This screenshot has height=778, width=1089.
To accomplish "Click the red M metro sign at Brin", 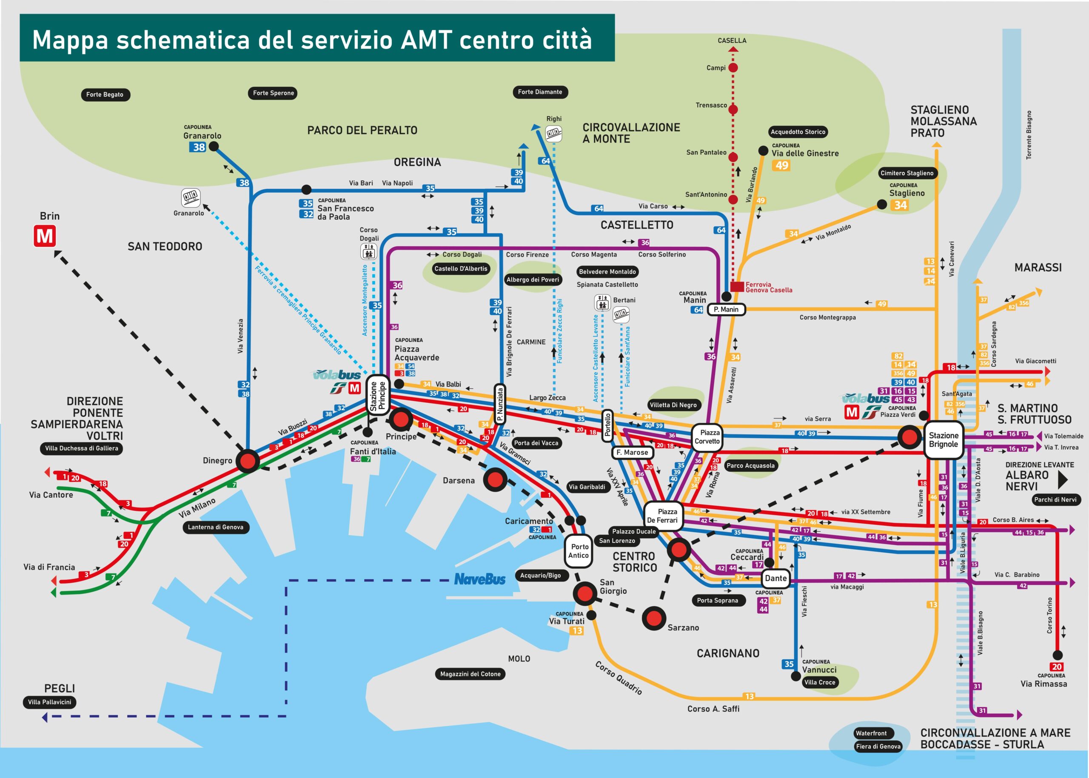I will point(45,237).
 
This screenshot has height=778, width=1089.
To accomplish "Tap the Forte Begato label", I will point(105,94).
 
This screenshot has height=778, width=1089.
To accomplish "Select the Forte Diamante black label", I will point(540,92).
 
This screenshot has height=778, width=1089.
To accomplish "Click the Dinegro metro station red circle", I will point(248,461).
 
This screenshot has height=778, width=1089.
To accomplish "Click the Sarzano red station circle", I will point(654,618).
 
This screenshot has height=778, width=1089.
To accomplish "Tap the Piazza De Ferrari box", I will point(663,516).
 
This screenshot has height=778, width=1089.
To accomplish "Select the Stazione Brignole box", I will point(944,440).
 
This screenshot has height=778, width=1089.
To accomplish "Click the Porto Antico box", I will point(579,551).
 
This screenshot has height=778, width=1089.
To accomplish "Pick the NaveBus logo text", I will point(479,580).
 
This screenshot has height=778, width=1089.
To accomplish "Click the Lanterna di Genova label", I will point(216,527).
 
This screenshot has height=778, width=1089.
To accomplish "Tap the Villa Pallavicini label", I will point(49,702).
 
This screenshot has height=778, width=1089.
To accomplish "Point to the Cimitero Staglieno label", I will point(907,173).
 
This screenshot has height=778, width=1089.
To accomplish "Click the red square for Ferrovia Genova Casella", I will point(737,286).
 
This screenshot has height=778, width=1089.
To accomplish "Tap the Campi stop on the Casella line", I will point(733,68).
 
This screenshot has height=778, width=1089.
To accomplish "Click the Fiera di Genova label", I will point(878,747).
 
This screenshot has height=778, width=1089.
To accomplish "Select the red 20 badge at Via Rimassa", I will point(1057,667).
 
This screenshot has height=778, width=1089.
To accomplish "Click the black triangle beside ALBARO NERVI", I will point(1062,480).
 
